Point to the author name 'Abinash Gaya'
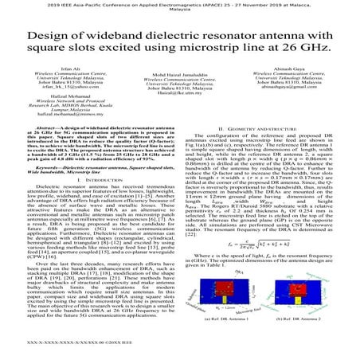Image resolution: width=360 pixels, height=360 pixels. tap(294, 70)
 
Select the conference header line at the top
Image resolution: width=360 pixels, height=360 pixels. tap(180, 5)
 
